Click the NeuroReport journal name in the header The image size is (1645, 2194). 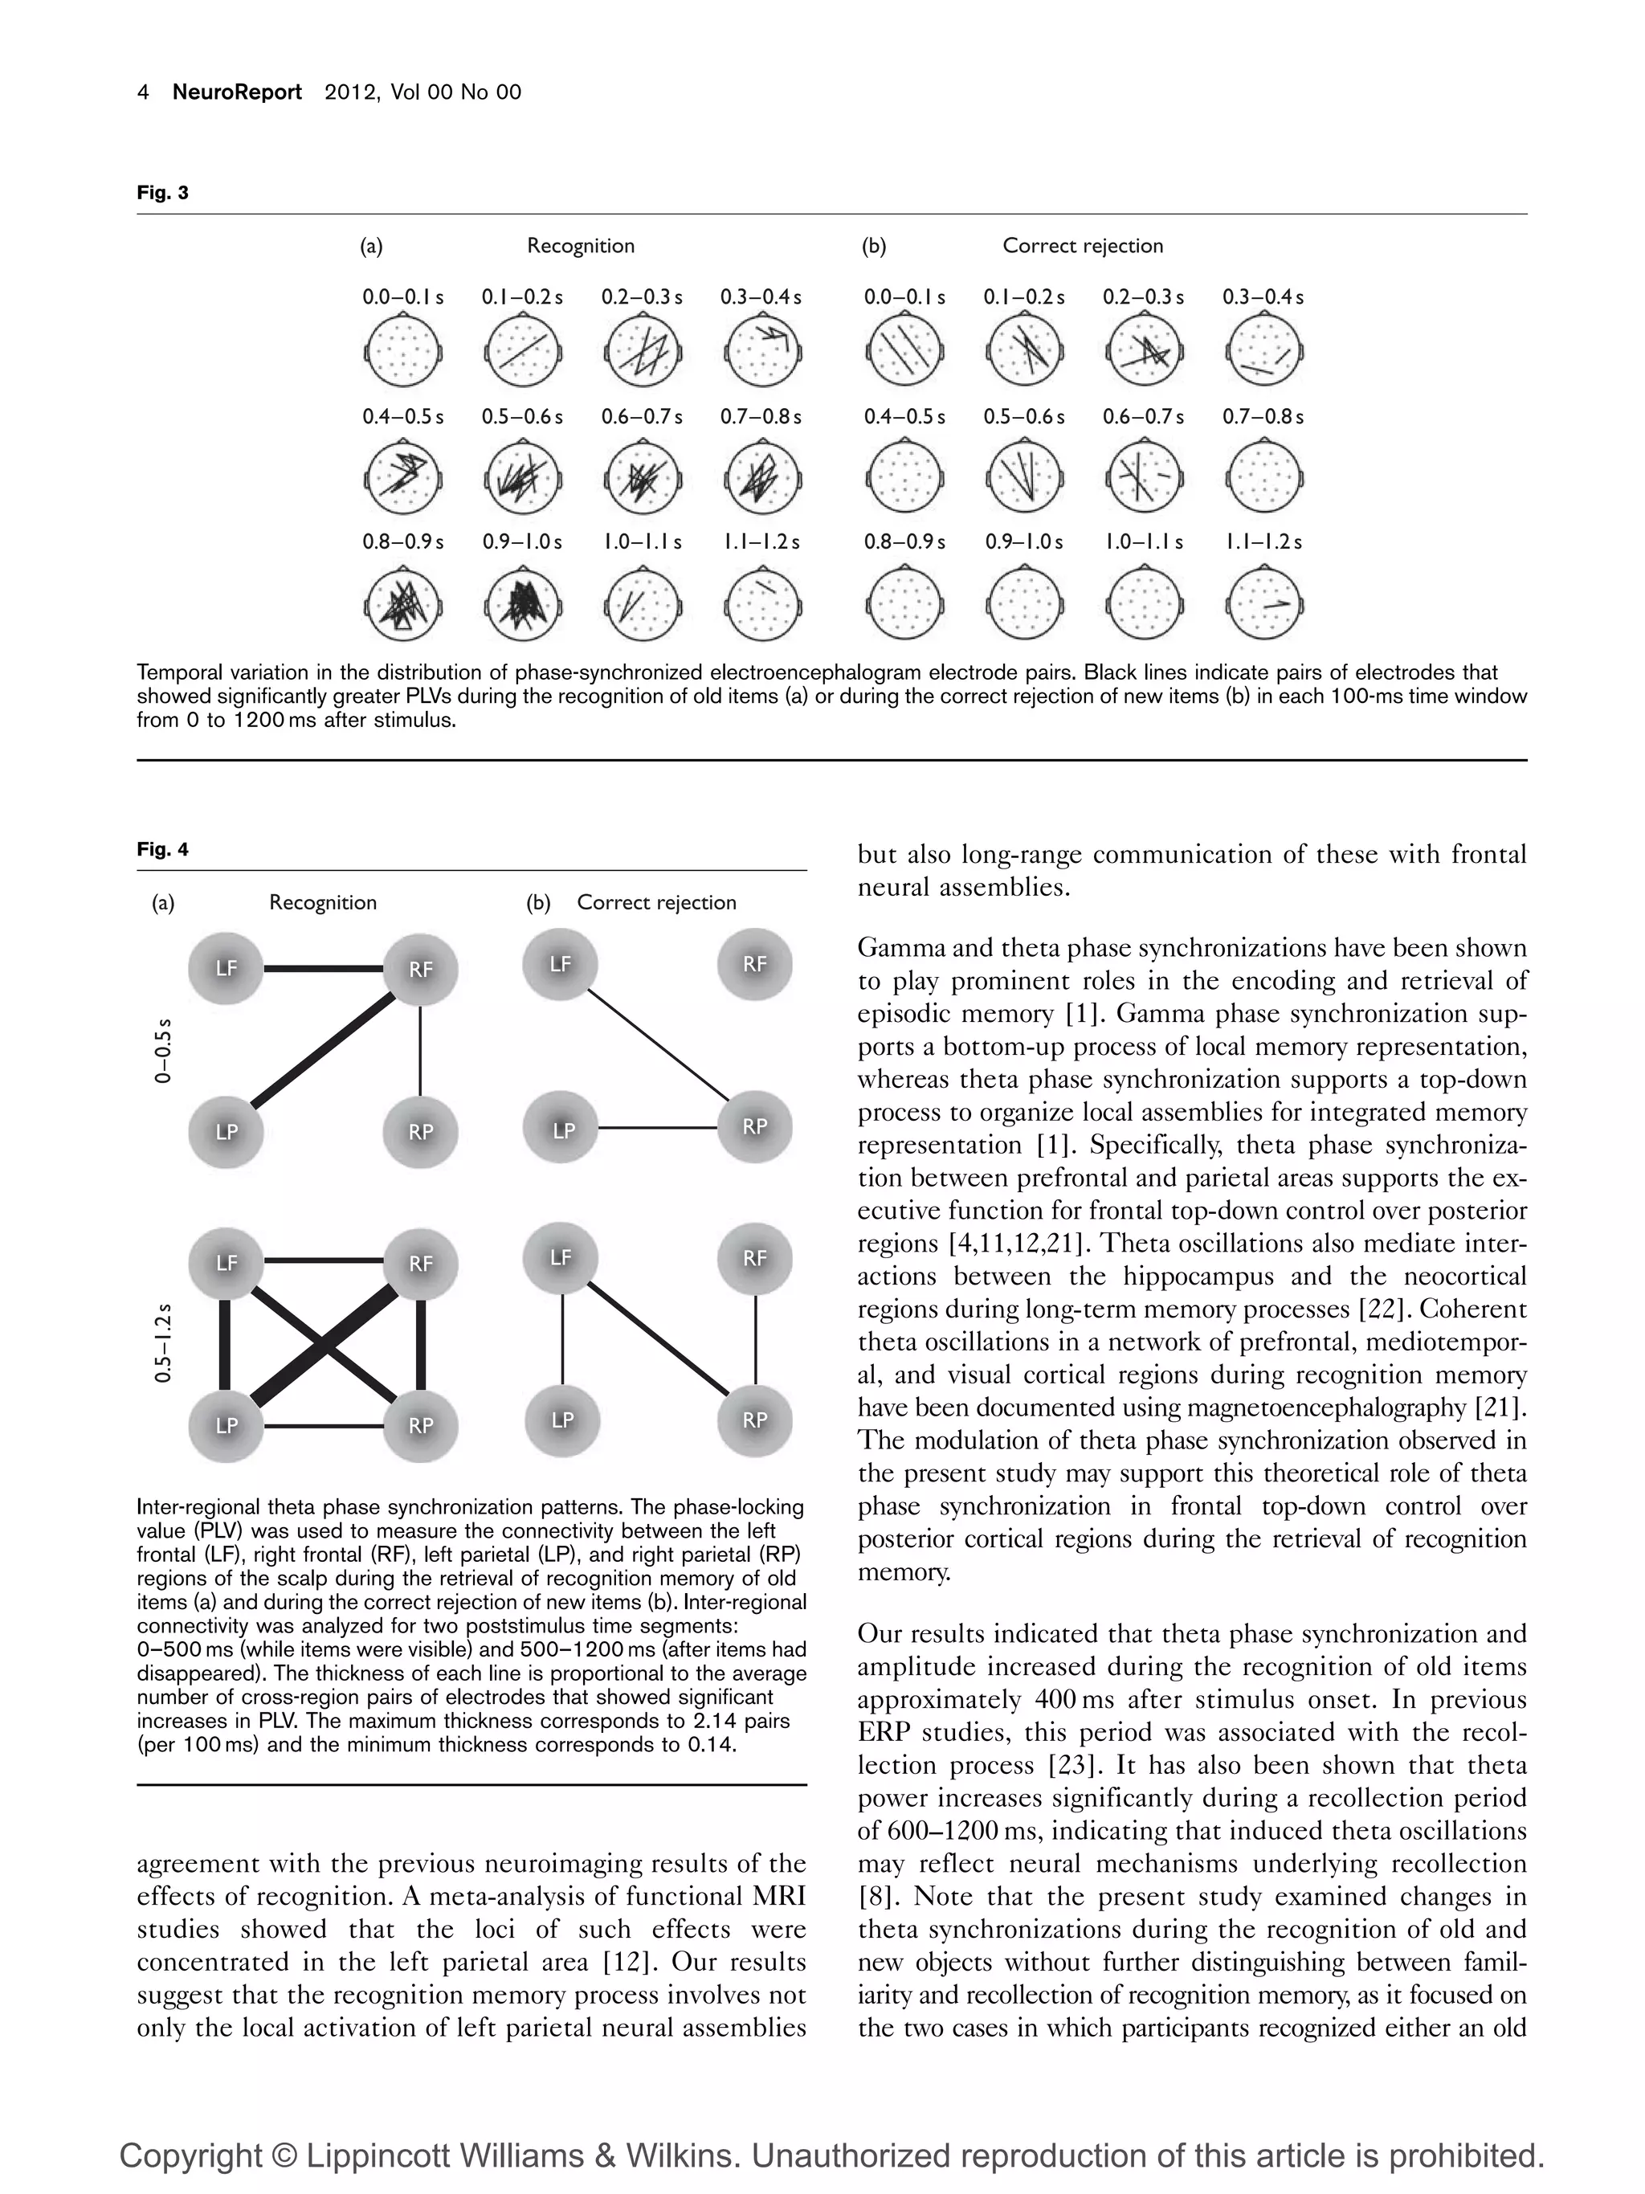tap(237, 92)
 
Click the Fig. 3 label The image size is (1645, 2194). tap(162, 193)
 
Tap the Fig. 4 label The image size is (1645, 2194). tap(162, 849)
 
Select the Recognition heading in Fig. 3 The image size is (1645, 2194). tap(580, 245)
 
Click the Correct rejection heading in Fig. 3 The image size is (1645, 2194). tap(1082, 245)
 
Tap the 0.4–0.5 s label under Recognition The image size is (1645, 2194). tap(402, 417)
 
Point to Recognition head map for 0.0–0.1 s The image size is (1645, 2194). tap(402, 351)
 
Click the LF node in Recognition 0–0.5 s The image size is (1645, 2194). tap(226, 967)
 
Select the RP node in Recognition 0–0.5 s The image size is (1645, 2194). tap(420, 1130)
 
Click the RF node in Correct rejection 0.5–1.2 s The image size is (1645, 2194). tap(754, 1258)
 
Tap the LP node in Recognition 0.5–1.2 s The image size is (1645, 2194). tap(226, 1424)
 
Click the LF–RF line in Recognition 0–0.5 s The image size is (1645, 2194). tap(323, 968)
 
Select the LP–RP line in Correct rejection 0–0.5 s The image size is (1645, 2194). tap(659, 1128)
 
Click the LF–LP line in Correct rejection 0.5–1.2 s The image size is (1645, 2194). tap(562, 1339)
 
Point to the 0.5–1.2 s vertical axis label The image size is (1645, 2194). tap(164, 1343)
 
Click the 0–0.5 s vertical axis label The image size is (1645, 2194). tap(164, 1049)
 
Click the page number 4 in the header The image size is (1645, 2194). tap(144, 92)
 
